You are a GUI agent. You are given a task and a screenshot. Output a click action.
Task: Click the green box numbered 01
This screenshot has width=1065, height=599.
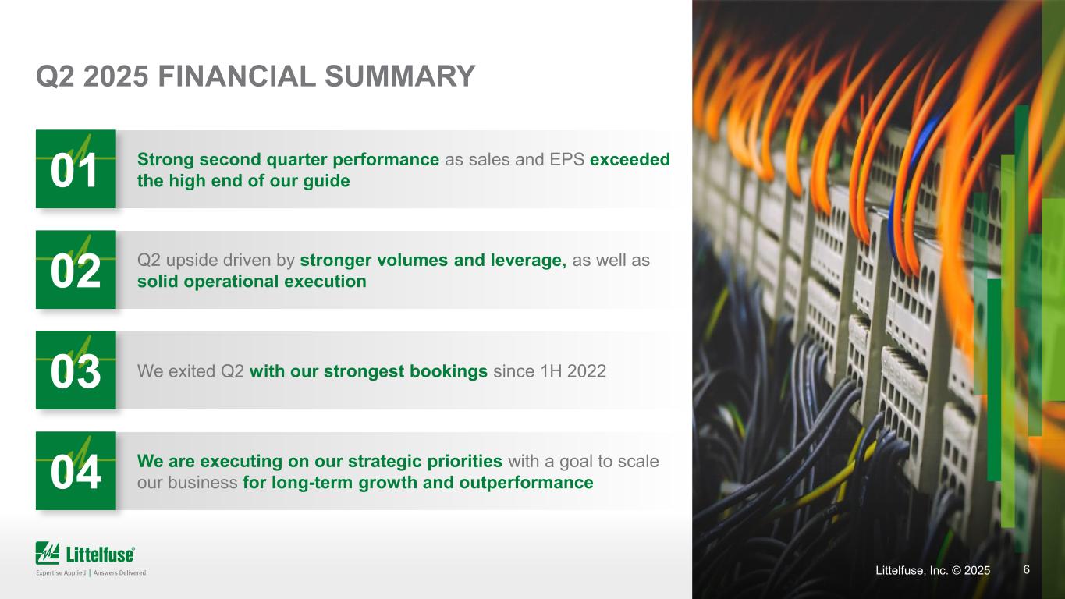76,169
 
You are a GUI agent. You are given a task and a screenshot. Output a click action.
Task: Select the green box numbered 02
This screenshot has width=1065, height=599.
76,270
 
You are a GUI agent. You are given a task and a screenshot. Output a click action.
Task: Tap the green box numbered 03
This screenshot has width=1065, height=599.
76,370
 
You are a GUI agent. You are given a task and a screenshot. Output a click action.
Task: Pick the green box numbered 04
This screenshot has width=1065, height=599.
76,471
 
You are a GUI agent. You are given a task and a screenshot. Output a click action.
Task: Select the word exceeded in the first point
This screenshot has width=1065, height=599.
630,160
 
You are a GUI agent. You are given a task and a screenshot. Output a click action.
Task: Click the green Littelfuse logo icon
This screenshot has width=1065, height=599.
48,553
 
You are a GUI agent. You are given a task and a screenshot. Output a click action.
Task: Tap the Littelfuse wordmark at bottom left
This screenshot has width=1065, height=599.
100,555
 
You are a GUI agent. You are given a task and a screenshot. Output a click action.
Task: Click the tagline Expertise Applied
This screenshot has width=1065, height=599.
61,573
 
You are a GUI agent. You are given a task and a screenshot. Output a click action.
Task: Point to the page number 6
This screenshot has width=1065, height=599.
1026,570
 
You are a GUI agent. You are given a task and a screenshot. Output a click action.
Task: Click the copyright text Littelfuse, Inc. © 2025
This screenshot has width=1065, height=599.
932,571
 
